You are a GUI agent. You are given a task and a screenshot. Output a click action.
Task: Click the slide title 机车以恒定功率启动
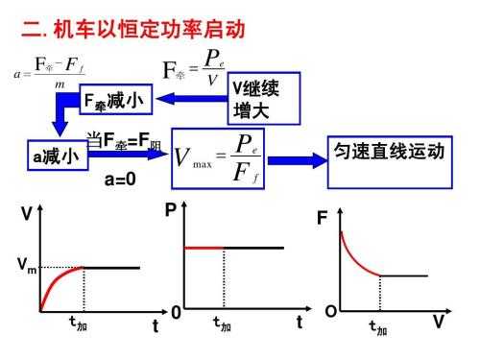click(x=134, y=30)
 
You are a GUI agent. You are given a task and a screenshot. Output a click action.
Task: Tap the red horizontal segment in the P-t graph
click(x=204, y=248)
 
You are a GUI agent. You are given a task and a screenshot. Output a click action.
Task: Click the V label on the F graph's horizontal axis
click(x=437, y=323)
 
